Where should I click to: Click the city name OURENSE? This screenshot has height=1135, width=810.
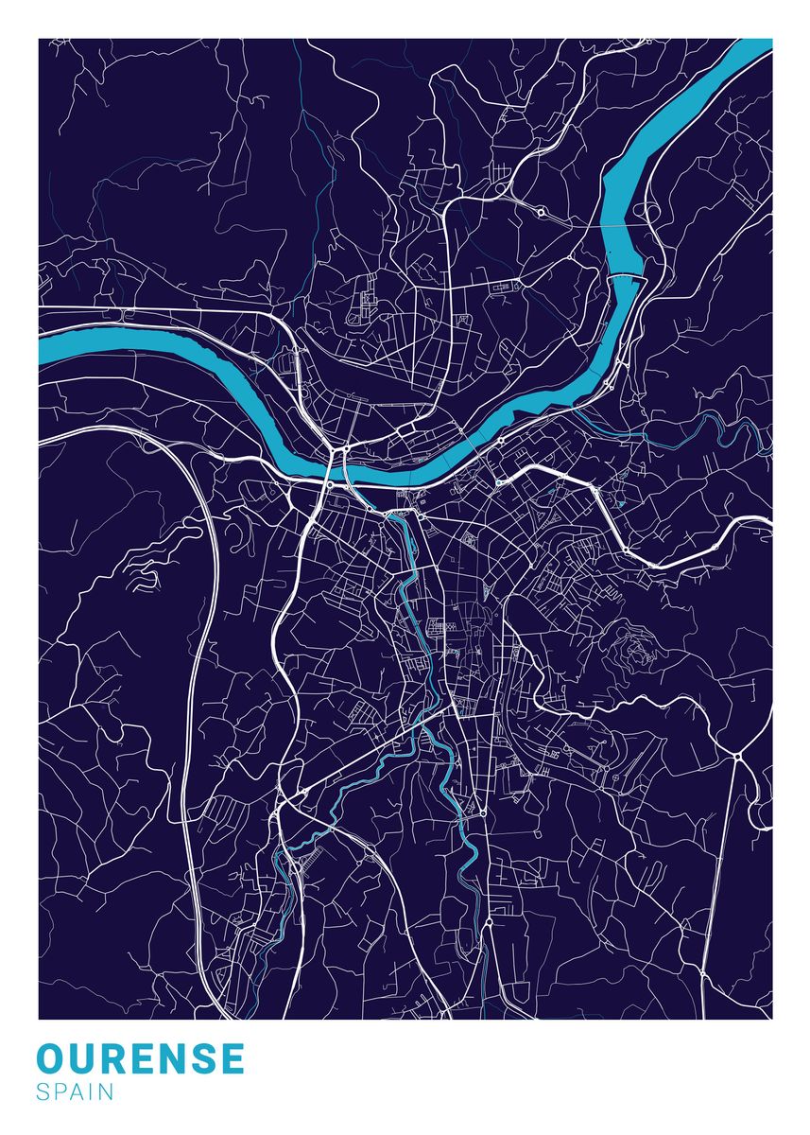tap(141, 1058)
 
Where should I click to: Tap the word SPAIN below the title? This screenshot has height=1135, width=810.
tap(76, 1092)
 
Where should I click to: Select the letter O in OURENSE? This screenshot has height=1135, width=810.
tap(53, 1058)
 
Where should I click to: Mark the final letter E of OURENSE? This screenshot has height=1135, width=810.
tap(232, 1058)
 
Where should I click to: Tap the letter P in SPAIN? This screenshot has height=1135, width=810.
tap(59, 1092)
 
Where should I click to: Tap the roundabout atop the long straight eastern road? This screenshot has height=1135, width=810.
tap(736, 756)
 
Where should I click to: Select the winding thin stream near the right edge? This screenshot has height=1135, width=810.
tap(728, 431)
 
